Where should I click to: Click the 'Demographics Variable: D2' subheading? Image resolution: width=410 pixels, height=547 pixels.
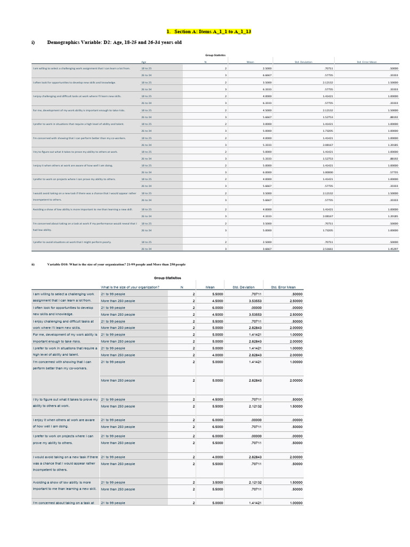pos(114,42)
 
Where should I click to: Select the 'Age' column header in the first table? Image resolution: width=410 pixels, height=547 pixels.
pos(144,62)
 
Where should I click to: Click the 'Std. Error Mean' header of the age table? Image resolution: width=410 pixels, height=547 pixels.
pos(367,62)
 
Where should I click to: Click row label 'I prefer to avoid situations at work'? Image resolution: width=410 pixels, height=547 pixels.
pos(72,242)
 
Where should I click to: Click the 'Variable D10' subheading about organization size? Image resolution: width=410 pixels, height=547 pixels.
pos(116,264)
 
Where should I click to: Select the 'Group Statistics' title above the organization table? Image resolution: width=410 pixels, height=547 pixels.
pos(168,278)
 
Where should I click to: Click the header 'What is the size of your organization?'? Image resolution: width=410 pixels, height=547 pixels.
pos(130,287)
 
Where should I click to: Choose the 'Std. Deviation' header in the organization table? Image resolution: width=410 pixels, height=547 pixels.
pos(243,287)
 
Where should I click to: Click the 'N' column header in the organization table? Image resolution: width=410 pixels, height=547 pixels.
pos(182,287)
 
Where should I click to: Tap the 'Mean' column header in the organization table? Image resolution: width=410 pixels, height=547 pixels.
pos(210,287)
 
